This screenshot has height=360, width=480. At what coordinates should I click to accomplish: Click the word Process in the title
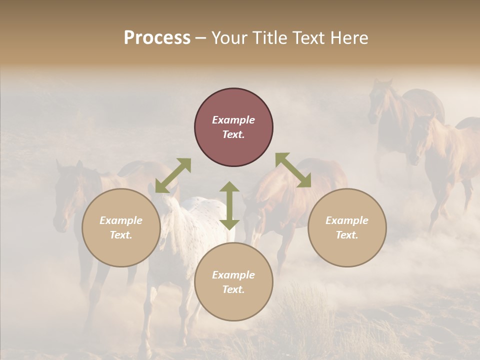157,38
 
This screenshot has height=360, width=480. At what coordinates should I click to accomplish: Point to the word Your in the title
228,38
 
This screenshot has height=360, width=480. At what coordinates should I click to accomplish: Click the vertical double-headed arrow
229,205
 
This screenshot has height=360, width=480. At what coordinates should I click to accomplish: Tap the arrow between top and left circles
173,175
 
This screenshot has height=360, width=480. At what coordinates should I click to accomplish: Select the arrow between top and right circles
293,170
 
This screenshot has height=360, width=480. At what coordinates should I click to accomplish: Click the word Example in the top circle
233,120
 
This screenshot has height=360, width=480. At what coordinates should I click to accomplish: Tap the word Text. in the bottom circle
233,289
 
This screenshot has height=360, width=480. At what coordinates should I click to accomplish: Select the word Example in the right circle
347,220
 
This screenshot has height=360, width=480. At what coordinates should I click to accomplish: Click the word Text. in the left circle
121,235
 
